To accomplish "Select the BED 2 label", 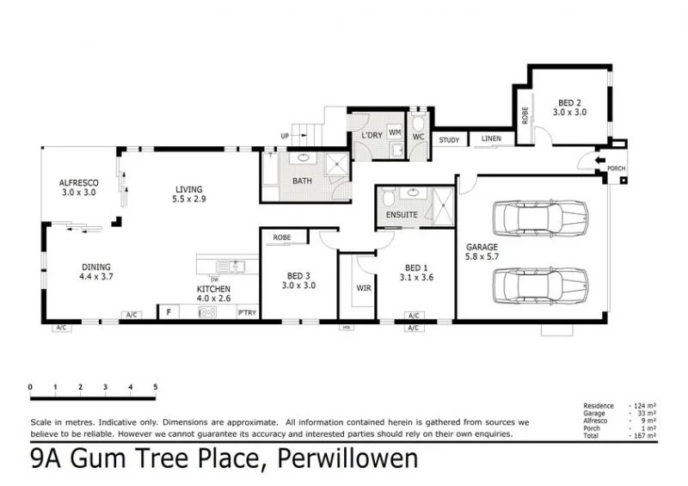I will click(x=568, y=101).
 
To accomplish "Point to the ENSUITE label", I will click(x=402, y=214).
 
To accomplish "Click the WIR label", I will click(x=363, y=288).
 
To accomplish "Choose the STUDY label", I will click(x=449, y=140).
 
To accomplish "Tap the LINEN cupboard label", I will click(x=491, y=138).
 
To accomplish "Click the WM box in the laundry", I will click(x=395, y=132).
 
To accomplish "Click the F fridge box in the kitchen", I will click(x=169, y=312).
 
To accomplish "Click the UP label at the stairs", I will click(x=285, y=136).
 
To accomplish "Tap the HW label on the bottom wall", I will click(x=347, y=327).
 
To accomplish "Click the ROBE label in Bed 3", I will click(x=281, y=237).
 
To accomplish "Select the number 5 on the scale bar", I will click(x=156, y=387).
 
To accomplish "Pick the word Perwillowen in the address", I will click(x=348, y=459).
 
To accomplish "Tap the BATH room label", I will click(x=302, y=181).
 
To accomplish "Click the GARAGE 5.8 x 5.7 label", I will click(x=482, y=252).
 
